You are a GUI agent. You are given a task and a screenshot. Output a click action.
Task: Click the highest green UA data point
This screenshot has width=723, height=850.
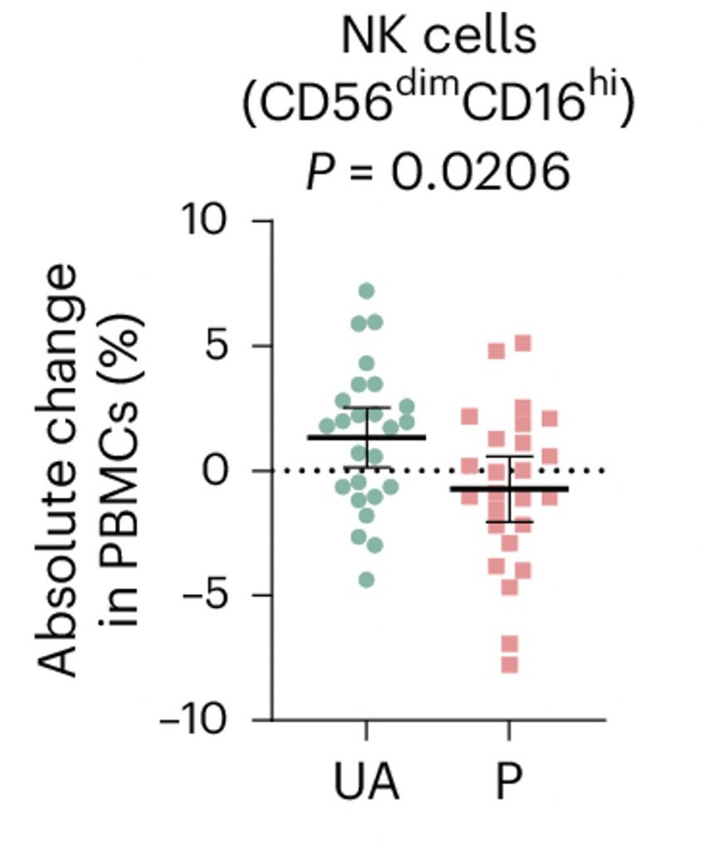(x=366, y=291)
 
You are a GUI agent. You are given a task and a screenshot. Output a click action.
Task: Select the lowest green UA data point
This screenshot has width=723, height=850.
(x=366, y=579)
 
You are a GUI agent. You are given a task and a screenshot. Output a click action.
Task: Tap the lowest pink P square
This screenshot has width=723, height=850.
(x=509, y=664)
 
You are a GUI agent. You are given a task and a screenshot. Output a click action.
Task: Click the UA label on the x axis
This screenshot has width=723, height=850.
(x=366, y=783)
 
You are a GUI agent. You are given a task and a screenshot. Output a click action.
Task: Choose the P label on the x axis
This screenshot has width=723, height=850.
(x=509, y=783)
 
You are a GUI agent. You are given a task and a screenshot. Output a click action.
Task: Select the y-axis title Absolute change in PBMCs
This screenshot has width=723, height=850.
(x=91, y=471)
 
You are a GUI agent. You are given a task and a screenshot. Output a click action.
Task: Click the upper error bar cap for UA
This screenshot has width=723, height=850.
(x=366, y=408)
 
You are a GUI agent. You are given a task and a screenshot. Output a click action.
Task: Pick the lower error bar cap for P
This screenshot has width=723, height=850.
(x=509, y=521)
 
